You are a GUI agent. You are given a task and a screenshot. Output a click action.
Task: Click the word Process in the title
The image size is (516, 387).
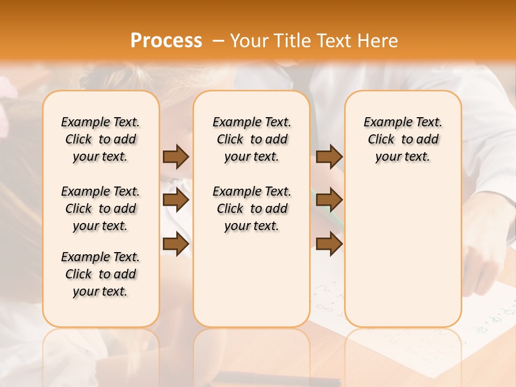click(166, 40)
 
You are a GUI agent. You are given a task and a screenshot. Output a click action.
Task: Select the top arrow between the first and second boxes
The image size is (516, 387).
click(176, 156)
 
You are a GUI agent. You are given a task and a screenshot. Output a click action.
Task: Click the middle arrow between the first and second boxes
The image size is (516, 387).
click(176, 200)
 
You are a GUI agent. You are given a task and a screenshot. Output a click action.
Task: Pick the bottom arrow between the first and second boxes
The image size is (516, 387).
click(176, 245)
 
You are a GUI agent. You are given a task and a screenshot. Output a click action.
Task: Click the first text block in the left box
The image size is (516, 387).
click(101, 139)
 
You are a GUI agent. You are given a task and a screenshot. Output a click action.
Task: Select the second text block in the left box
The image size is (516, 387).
click(101, 209)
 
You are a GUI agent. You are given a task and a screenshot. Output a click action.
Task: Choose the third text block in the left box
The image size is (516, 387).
click(101, 274)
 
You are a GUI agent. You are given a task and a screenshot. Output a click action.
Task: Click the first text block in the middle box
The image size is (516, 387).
click(252, 139)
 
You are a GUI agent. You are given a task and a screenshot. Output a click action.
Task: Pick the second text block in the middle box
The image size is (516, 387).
click(252, 209)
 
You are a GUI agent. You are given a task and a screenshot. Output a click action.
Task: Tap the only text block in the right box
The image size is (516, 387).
click(403, 139)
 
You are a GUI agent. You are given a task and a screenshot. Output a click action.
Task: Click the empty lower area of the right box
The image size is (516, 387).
click(403, 253)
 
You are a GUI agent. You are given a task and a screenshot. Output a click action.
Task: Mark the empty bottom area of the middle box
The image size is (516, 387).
click(252, 285)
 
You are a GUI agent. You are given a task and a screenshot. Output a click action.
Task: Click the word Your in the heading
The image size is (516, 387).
click(250, 40)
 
